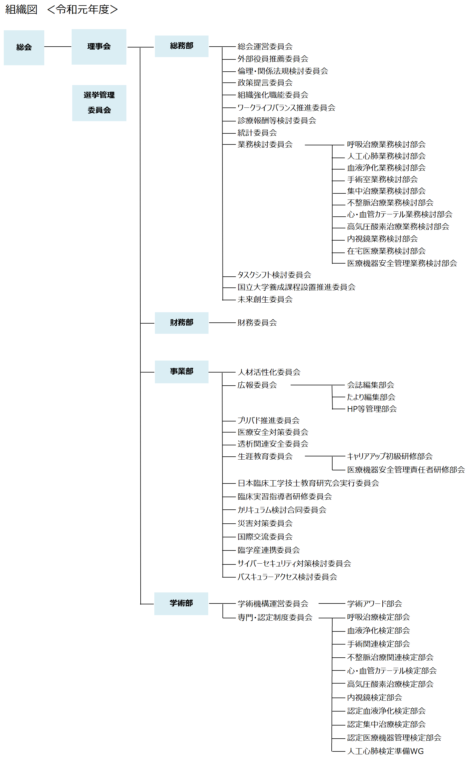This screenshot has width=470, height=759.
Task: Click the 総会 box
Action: click(24, 47)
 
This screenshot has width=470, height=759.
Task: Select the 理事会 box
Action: click(99, 47)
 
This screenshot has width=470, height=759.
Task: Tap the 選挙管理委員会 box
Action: click(99, 103)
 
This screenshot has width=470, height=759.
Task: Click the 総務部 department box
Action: click(181, 46)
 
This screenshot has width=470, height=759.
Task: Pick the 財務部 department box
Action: click(181, 323)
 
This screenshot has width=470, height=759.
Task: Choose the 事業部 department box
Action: click(181, 372)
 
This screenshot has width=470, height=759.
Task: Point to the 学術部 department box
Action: click(181, 603)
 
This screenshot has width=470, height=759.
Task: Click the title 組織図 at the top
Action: click(21, 10)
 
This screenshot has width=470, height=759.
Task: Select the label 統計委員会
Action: click(257, 133)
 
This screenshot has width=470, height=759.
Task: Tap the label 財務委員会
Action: click(257, 323)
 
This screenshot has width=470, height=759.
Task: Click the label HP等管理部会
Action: click(372, 409)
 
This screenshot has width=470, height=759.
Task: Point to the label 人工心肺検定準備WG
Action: click(386, 751)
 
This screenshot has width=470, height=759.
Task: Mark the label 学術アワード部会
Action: click(374, 603)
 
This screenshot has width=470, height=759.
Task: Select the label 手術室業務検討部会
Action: click(382, 179)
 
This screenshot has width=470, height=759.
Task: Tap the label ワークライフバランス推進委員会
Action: click(286, 108)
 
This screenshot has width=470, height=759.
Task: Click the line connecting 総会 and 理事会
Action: click(58, 47)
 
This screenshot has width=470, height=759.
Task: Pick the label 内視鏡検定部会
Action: click(374, 698)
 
